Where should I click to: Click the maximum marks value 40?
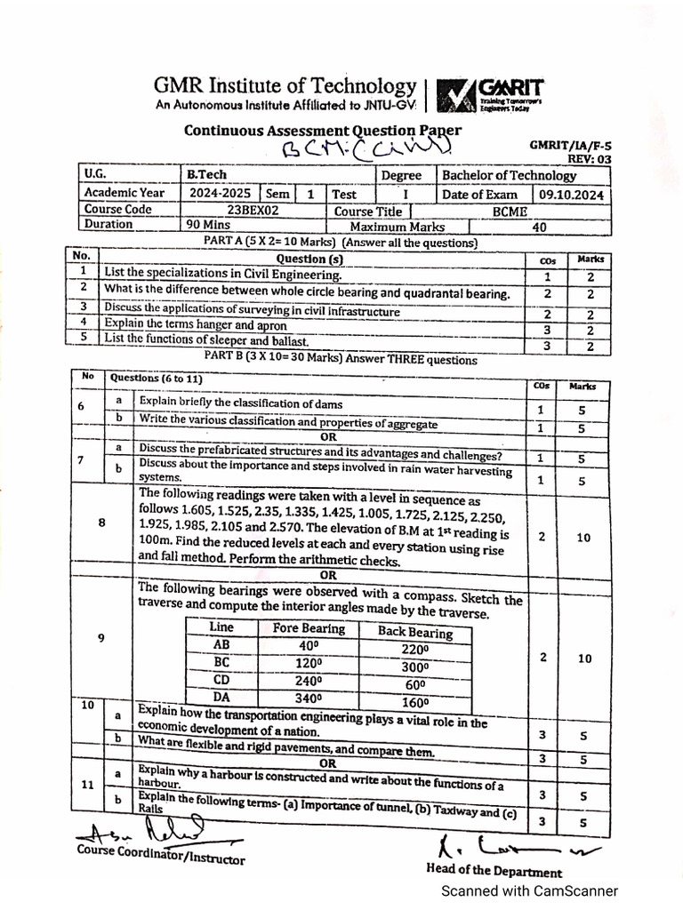[539, 227]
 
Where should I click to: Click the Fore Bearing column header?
[302, 628]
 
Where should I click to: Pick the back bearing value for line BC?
[415, 667]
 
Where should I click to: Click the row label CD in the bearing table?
[222, 680]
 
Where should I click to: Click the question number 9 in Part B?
[101, 637]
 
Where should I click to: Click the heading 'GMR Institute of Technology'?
[285, 86]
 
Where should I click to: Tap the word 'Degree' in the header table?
[401, 176]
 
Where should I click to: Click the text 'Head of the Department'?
[494, 872]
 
